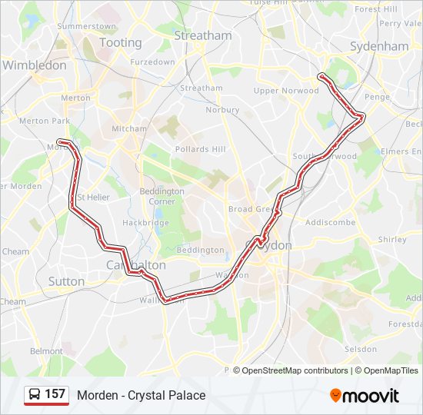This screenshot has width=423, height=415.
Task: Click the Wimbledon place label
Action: tap(35, 65)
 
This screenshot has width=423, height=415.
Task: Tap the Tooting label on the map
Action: tap(121, 43)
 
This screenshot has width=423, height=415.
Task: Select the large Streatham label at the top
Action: tap(202, 36)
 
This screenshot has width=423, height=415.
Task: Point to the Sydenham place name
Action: tap(379, 46)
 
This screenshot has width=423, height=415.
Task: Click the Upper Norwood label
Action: tap(286, 91)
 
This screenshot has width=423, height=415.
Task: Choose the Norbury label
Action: tap(222, 110)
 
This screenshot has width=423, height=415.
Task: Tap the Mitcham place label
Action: tap(128, 129)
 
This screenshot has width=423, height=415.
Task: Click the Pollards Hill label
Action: tap(200, 149)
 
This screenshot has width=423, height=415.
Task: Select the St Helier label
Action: tap(93, 198)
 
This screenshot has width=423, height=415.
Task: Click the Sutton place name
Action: tap(66, 281)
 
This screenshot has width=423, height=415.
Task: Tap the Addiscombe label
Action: tap(330, 223)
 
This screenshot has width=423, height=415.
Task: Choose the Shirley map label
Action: tap(391, 240)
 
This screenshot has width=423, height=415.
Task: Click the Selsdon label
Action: tap(361, 349)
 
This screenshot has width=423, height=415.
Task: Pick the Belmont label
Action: tap(46, 351)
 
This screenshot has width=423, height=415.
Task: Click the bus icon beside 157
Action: tap(35, 395)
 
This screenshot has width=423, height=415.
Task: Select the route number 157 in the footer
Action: tap(55, 395)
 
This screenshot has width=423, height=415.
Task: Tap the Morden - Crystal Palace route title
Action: tap(141, 396)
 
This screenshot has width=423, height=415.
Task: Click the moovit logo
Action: tap(365, 396)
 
